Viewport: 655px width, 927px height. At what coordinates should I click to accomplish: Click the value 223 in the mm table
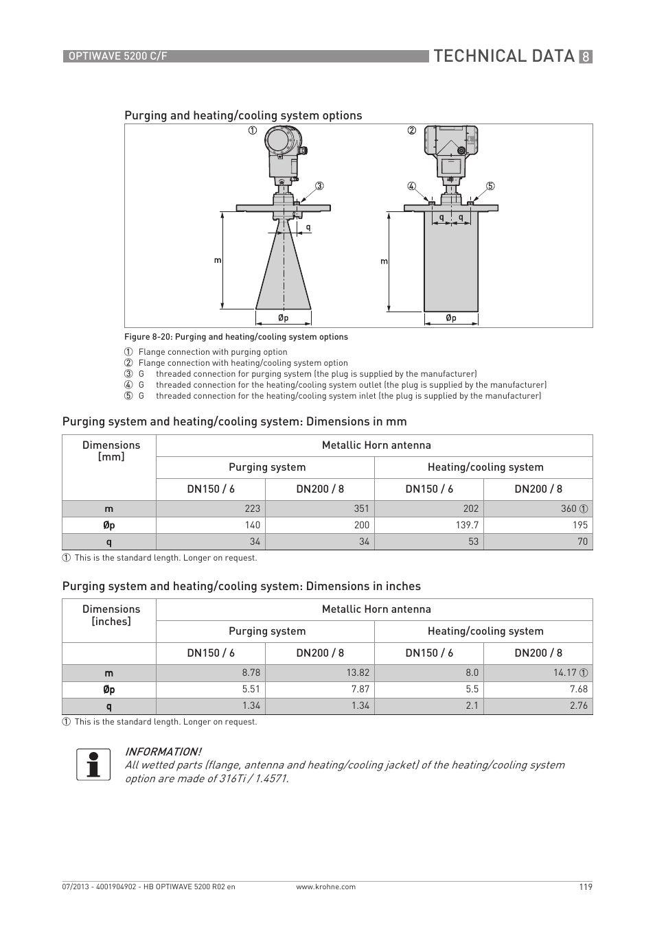pos(252,508)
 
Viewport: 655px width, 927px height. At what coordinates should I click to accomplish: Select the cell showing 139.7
pos(466,525)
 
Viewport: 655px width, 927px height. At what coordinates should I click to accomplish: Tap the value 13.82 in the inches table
pos(357,673)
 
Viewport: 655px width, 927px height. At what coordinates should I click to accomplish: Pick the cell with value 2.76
pos(578,705)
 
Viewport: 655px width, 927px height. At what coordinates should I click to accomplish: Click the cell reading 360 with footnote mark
pos(574,508)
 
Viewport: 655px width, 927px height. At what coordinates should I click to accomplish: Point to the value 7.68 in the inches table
pos(578,689)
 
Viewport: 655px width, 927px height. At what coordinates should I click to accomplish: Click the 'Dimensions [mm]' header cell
pos(111,451)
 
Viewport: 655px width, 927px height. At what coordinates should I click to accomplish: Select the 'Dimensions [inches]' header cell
pos(111,615)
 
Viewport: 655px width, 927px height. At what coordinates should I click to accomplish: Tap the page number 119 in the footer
pos(585,887)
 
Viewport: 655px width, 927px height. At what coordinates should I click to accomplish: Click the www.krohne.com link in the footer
pos(325,887)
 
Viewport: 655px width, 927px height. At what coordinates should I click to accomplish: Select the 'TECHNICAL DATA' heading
pos(504,56)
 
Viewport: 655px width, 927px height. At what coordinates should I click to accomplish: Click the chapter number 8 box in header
pos(585,57)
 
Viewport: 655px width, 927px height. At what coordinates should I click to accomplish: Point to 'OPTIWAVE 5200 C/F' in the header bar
pos(116,56)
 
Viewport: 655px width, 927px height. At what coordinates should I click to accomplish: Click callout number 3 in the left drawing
pos(319,186)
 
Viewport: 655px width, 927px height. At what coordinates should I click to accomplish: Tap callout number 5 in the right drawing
pos(490,186)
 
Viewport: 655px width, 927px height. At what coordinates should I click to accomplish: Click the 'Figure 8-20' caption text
pos(235,337)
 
